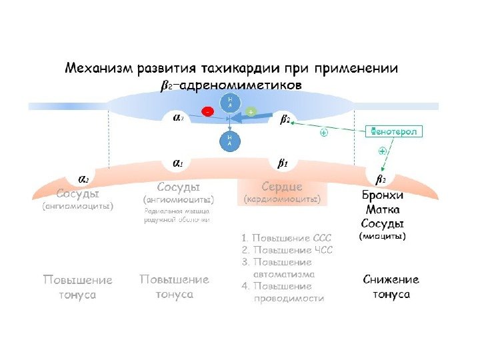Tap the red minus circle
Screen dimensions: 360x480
pos(209,113)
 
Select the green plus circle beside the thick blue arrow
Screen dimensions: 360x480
pos(251,112)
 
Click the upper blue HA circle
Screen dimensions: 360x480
pos(229,101)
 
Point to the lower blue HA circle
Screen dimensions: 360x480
pos(229,140)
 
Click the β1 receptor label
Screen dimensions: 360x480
pos(282,163)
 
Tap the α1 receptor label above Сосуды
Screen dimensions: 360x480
pos(179,163)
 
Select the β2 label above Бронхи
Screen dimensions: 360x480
pos(381,179)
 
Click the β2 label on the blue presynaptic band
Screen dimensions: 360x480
pos(285,120)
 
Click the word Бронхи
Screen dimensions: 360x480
pos(382,195)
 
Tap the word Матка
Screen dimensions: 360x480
pos(382,209)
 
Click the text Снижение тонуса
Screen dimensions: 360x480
pos(391,287)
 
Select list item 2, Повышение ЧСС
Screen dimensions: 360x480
pos(287,251)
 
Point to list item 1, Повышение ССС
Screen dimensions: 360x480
pos(287,238)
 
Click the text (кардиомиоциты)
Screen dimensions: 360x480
pos(282,199)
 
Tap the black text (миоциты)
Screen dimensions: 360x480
pos(383,237)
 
